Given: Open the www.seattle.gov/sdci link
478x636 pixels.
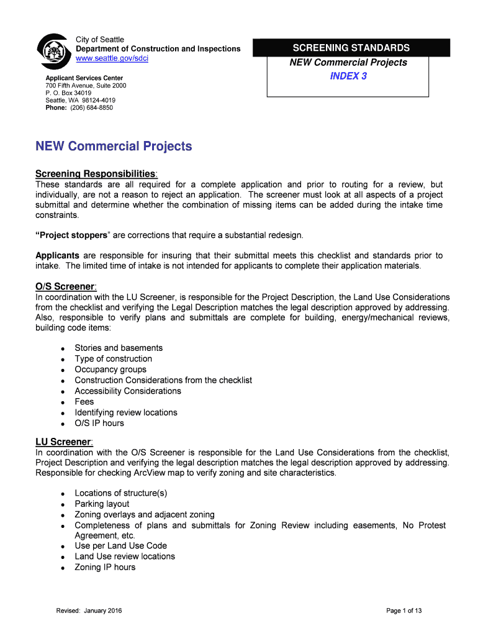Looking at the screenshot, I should tap(112, 58).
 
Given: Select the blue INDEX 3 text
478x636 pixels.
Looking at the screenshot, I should tap(348, 76).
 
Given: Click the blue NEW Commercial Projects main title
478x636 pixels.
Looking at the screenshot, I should tap(114, 147).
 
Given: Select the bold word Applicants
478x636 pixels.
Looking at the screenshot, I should tap(57, 255).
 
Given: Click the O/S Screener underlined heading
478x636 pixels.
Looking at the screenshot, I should tap(65, 286).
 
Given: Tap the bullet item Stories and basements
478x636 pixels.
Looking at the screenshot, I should tap(119, 348).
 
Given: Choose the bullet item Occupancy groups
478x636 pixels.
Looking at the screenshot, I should tap(110, 370).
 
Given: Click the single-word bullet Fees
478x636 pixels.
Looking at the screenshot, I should tap(84, 402).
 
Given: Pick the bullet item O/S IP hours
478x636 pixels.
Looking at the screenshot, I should tap(99, 423).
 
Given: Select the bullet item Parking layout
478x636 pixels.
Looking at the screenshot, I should tap(102, 504).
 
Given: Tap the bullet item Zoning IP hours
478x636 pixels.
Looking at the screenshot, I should tap(105, 567).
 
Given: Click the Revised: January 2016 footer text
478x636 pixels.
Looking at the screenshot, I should tap(89, 611).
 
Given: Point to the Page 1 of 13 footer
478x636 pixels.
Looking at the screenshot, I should tap(404, 611).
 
